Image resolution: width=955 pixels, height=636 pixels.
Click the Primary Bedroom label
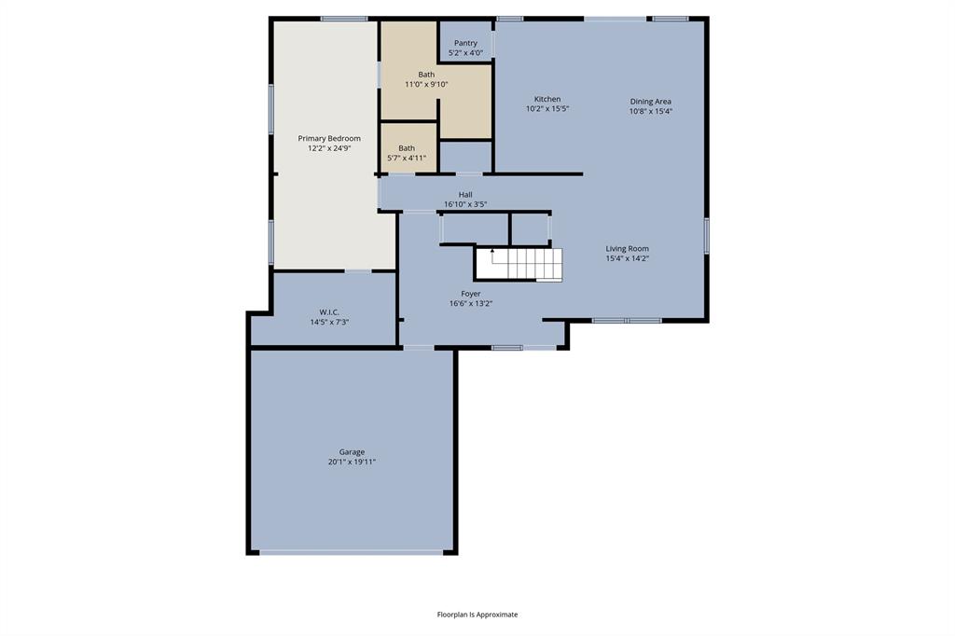(x=329, y=138)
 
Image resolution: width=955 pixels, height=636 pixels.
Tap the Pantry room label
(x=465, y=43)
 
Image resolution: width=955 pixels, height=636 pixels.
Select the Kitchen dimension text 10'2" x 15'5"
(x=547, y=109)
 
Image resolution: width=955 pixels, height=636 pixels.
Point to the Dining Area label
(x=650, y=102)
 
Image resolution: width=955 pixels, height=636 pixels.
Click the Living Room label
(x=627, y=249)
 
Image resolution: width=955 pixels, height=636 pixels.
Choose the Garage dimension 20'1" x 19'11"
(x=352, y=462)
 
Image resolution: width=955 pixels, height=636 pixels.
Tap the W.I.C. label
(x=328, y=312)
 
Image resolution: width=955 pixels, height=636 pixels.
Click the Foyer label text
(x=471, y=294)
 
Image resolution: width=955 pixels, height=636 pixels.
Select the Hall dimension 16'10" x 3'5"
(x=465, y=204)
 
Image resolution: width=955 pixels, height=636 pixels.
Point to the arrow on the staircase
(x=492, y=251)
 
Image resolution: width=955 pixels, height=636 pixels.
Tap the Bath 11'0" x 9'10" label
(x=426, y=75)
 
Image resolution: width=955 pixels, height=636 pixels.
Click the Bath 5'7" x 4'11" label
(x=407, y=148)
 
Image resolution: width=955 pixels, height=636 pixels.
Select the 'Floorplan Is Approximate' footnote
(x=477, y=615)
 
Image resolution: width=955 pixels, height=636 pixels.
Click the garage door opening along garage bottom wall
(x=352, y=552)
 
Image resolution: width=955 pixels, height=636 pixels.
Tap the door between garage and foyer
(x=418, y=348)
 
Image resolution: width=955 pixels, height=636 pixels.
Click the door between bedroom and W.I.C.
(x=358, y=271)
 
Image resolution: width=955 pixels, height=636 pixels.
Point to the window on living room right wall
(x=707, y=235)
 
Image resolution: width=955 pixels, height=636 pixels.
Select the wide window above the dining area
(x=615, y=18)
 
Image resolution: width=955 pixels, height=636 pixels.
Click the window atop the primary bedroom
(x=344, y=18)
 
